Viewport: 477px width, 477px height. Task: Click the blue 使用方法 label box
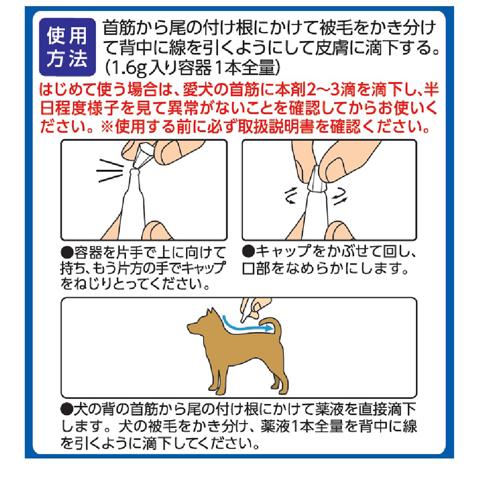pos(67,47)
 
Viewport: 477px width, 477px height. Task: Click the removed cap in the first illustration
pos(142,155)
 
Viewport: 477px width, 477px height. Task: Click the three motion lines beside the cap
pos(110,171)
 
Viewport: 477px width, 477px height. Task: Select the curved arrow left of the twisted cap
pos(291,196)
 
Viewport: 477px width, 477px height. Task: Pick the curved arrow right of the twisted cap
pos(340,196)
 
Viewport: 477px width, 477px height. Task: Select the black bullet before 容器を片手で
pos(67,252)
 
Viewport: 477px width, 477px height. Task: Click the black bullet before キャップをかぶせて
pos(248,251)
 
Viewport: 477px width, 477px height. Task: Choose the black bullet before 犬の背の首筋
pos(67,408)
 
